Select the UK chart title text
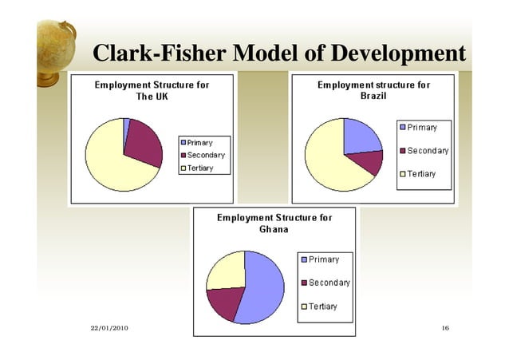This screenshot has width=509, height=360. click(x=152, y=91)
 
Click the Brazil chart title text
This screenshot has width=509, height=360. click(x=373, y=90)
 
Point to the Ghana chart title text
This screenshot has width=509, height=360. click(x=274, y=223)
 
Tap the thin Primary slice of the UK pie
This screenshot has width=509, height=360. click(x=126, y=125)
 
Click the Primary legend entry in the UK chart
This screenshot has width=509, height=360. click(x=199, y=143)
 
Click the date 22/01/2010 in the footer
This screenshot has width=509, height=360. click(x=109, y=329)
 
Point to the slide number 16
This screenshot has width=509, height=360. click(x=446, y=329)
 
